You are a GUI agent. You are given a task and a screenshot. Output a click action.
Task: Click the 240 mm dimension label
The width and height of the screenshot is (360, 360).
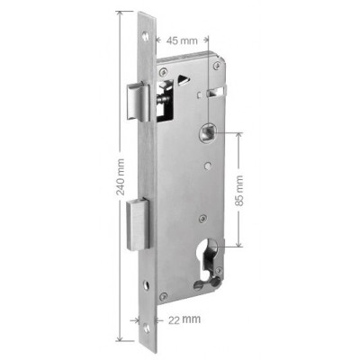coord(121,177)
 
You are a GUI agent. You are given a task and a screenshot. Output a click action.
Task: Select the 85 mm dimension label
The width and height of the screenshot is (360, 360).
coord(239,191)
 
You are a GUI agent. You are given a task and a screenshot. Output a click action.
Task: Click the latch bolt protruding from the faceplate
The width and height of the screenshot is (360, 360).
coord(139,102)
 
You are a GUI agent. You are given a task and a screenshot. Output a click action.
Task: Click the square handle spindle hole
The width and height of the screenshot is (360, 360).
coord(207,132)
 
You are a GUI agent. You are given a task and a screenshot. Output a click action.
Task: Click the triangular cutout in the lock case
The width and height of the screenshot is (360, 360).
coord(183,79)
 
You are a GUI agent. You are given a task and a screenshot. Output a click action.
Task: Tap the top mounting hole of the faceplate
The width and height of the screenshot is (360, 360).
coord(146,37)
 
